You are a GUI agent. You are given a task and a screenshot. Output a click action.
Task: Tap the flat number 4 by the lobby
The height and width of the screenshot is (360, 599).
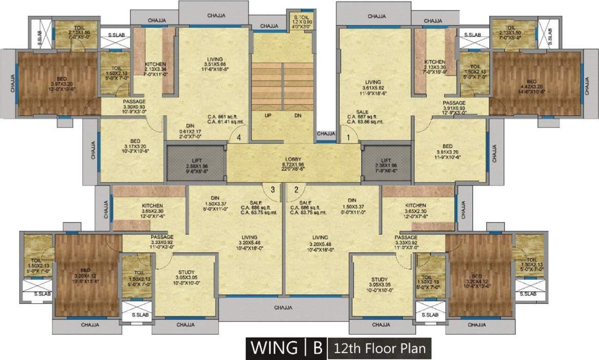pyautogui.click(x=240, y=138)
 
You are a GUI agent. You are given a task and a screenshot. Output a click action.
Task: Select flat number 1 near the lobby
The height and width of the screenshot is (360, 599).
pyautogui.click(x=348, y=138)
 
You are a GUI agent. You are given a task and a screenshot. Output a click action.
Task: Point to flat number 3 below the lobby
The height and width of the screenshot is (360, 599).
pyautogui.click(x=272, y=190)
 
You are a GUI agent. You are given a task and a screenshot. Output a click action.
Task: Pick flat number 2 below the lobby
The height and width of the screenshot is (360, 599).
pyautogui.click(x=296, y=190)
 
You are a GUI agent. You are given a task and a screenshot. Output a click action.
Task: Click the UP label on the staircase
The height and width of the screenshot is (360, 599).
pyautogui.click(x=269, y=115)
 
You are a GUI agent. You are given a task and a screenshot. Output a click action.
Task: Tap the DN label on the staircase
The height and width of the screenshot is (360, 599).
pyautogui.click(x=298, y=115)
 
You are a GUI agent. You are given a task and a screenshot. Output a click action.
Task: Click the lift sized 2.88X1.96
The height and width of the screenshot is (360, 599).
pyautogui.click(x=187, y=166)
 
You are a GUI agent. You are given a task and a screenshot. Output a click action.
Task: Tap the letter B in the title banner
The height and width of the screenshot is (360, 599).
pyautogui.click(x=318, y=348)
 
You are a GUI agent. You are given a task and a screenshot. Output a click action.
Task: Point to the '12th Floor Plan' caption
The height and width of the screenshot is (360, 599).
pyautogui.click(x=379, y=349)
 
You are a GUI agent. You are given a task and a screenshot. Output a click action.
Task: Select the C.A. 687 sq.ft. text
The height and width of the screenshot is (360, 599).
pyautogui.click(x=365, y=117)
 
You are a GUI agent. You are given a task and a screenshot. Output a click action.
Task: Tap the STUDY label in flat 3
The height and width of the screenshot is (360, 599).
pyautogui.click(x=186, y=272)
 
